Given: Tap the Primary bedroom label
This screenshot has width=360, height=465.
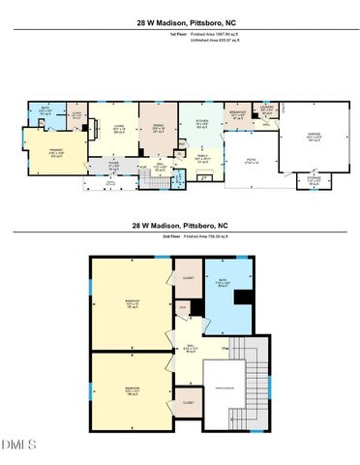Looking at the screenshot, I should coord(55,152).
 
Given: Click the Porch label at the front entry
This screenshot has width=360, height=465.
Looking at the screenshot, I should coord(110,183).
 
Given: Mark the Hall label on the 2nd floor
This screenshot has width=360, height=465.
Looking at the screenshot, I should coord(191,348).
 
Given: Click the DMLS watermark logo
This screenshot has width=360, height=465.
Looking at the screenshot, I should coord(19,445).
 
